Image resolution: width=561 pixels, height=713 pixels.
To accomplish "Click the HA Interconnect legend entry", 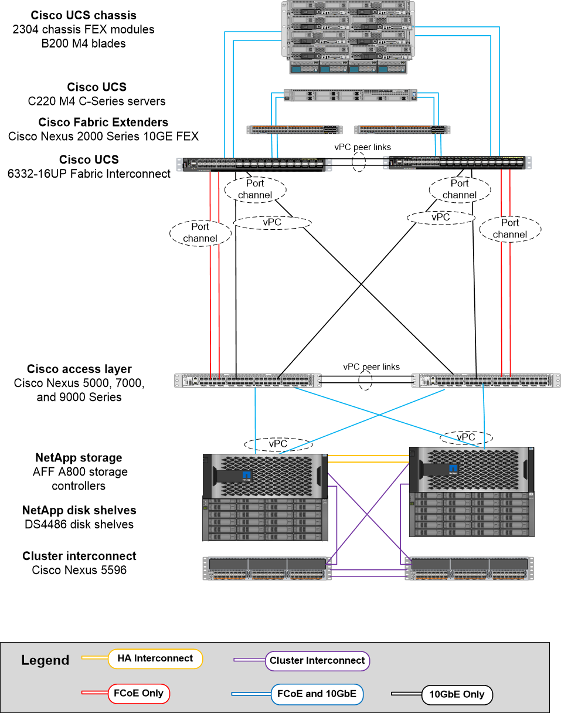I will pyautogui.click(x=155, y=658).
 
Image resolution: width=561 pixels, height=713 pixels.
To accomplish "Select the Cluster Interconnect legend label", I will pyautogui.click(x=317, y=661).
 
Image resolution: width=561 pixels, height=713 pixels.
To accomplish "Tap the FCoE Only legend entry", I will pyautogui.click(x=138, y=694).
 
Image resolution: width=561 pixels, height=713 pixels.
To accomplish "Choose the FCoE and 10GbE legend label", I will pyautogui.click(x=317, y=694).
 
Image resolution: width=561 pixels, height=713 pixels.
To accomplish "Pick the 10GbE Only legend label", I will pyautogui.click(x=457, y=695).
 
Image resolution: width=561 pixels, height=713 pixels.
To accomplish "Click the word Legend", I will pyautogui.click(x=45, y=661).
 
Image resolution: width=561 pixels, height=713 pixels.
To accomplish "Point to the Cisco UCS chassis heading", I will pyautogui.click(x=83, y=15).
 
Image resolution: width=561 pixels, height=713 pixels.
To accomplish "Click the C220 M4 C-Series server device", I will pyautogui.click(x=350, y=95).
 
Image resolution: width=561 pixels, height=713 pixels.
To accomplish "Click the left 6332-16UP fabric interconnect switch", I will pyautogui.click(x=253, y=164).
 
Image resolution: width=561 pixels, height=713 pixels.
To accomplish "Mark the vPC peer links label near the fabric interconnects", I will pyautogui.click(x=362, y=147).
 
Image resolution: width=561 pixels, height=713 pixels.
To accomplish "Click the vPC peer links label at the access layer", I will pyautogui.click(x=372, y=367).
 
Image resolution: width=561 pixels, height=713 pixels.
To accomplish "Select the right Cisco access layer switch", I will pyautogui.click(x=482, y=381).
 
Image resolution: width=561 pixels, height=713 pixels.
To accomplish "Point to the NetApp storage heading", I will pyautogui.click(x=79, y=458).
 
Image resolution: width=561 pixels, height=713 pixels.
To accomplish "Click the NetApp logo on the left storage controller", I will pyautogui.click(x=247, y=474).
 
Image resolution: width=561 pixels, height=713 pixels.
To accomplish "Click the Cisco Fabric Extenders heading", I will pyautogui.click(x=103, y=123).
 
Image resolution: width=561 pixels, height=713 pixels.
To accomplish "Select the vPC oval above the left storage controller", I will pyautogui.click(x=277, y=444).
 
